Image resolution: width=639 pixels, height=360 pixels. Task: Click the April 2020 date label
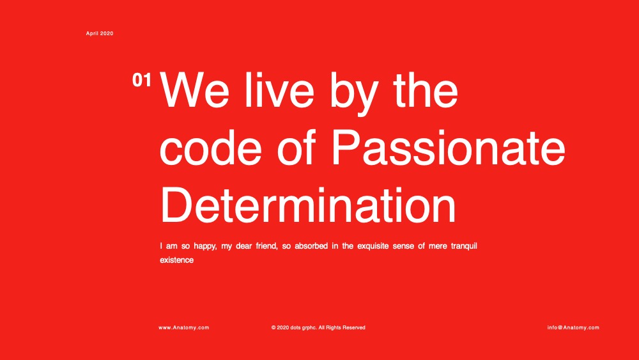[x=100, y=33]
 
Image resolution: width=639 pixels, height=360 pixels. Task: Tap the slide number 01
[x=141, y=80]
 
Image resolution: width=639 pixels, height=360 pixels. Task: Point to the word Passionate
[x=449, y=147]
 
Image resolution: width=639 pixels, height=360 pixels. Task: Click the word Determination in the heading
[x=308, y=205]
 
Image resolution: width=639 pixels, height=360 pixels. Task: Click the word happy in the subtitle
[x=205, y=246]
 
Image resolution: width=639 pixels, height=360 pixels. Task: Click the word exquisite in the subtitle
[x=373, y=246]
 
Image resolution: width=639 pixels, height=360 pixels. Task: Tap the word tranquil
[x=464, y=246]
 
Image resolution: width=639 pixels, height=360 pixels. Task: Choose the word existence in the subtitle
[x=176, y=260]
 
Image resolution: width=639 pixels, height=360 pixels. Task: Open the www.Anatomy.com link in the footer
[x=184, y=327]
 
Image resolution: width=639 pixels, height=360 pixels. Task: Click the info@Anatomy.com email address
[x=573, y=327]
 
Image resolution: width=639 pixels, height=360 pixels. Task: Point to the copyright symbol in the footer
[x=273, y=327]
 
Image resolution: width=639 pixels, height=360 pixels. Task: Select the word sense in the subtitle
[x=403, y=246]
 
